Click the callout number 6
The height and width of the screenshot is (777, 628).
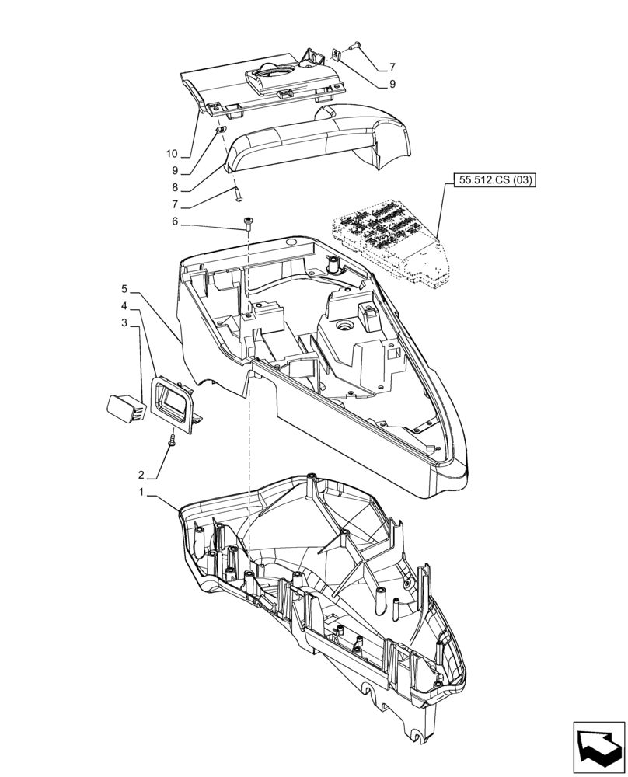tap(175, 221)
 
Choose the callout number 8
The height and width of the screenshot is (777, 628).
tap(175, 187)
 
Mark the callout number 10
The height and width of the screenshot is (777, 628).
tap(172, 153)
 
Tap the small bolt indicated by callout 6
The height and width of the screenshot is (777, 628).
tap(248, 223)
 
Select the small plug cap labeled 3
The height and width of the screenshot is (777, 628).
tap(124, 406)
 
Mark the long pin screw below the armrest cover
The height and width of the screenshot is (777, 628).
tap(236, 193)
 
